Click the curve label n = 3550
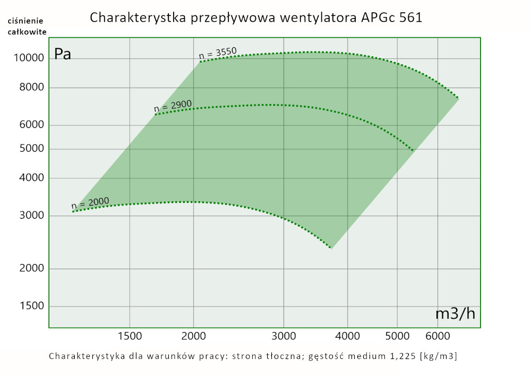coord(218,53)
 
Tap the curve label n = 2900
coord(173,107)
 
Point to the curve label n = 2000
coord(90,203)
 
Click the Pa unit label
coord(63,55)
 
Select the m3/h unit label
coord(455,314)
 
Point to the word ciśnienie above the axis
coord(25,21)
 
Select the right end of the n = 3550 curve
coord(458,98)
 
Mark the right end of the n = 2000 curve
coord(331,248)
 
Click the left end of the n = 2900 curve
coord(155,114)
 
